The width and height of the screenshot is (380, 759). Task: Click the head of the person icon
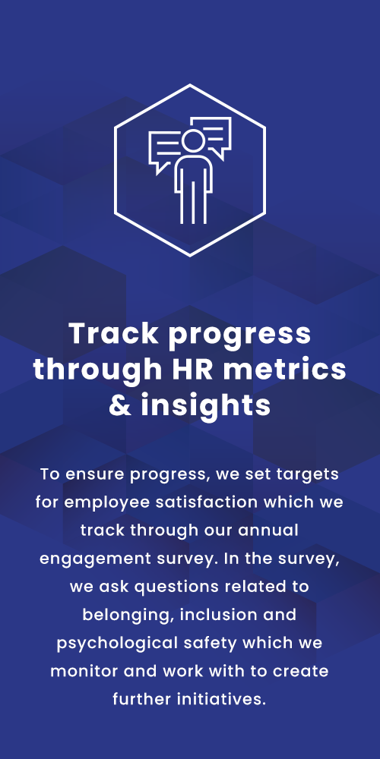193,140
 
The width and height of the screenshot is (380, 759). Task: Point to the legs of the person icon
193,201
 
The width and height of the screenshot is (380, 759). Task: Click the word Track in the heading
113,333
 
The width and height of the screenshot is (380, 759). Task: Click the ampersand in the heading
120,405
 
